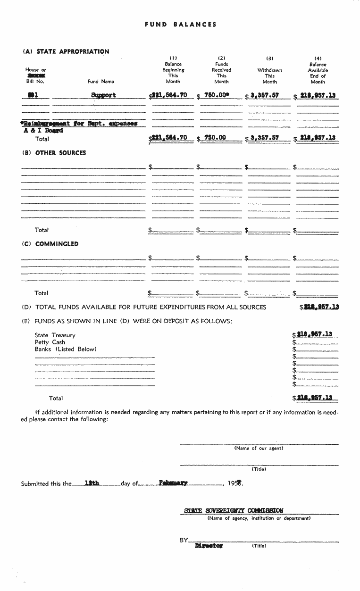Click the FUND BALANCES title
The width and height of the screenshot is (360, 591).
tap(181, 25)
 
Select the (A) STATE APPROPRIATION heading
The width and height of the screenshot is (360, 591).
tap(66, 51)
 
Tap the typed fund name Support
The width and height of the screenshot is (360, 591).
tap(103, 95)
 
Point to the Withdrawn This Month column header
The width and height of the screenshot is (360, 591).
tap(269, 73)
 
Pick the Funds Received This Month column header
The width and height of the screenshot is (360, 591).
tap(221, 73)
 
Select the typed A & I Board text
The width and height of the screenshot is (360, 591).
tap(43, 131)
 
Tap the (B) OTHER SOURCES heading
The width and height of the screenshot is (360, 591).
tap(54, 153)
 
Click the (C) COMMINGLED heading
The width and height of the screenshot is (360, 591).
tap(50, 244)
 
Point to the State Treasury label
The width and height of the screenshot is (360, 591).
tap(55, 335)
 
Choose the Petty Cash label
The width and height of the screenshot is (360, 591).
tap(50, 342)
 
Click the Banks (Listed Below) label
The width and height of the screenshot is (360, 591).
tap(65, 350)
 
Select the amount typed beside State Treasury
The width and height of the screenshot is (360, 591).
tap(315, 334)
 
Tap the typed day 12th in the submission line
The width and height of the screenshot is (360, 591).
tap(92, 483)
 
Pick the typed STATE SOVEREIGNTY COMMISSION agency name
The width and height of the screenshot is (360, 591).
tap(234, 510)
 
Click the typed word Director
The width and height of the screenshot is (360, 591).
tap(209, 546)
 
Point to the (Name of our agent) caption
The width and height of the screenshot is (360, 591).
tap(259, 449)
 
